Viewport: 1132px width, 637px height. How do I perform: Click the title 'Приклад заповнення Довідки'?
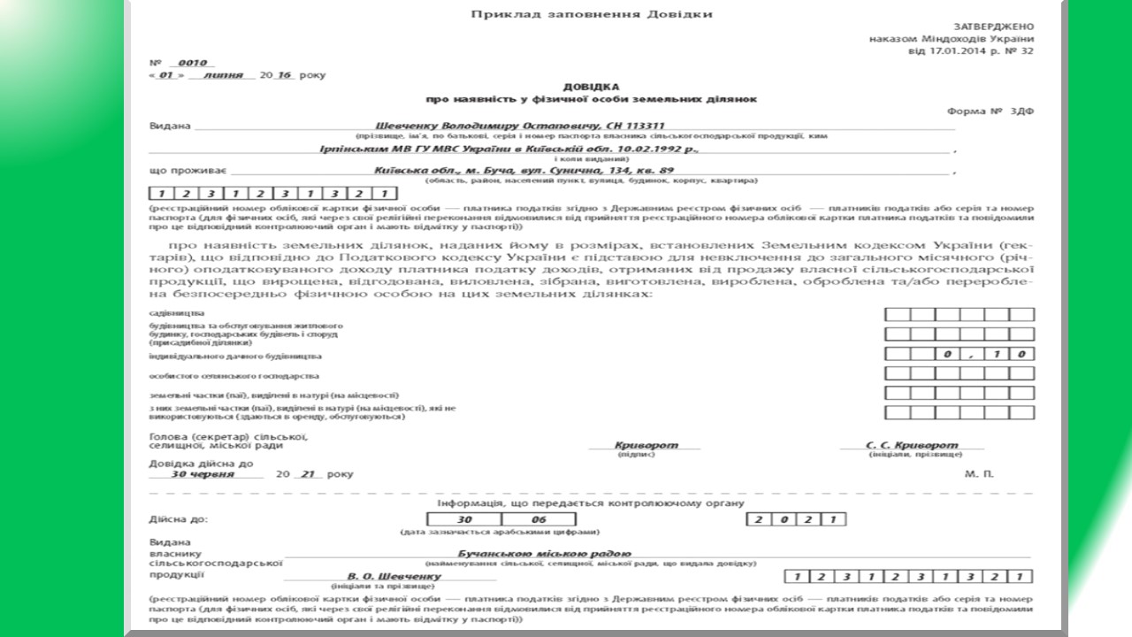[591, 14]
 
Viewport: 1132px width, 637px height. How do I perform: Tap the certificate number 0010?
[191, 63]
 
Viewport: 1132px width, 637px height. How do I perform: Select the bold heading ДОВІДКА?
[591, 88]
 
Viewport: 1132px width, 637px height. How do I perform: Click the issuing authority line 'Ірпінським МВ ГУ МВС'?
[508, 148]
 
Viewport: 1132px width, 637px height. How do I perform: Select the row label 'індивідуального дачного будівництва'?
[235, 356]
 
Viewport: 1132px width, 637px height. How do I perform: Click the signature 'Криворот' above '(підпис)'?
[646, 445]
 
